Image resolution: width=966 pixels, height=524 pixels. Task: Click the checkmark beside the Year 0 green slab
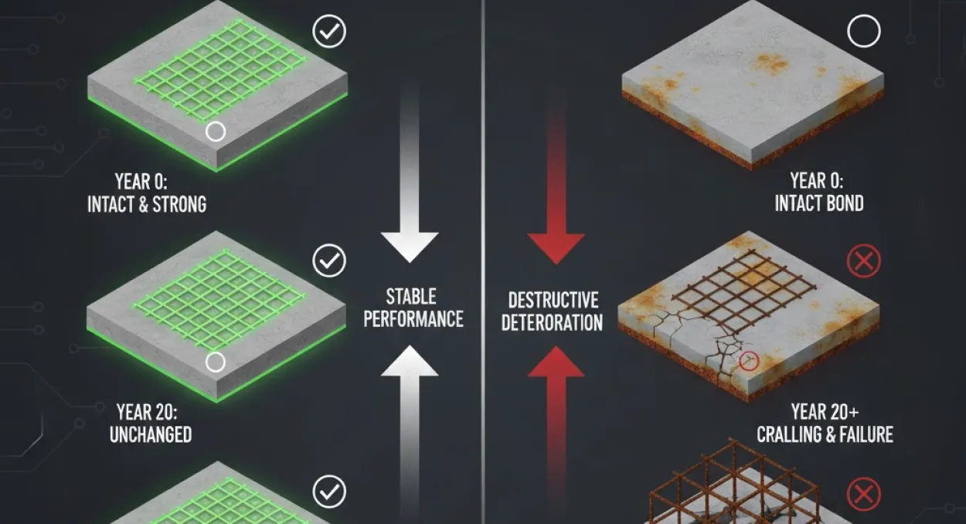pyautogui.click(x=329, y=31)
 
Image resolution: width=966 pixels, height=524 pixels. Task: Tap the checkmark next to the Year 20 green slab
pyautogui.click(x=329, y=260)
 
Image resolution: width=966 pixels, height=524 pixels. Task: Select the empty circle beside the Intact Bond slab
pyautogui.click(x=864, y=31)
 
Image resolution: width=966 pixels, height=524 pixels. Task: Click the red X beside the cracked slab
pyautogui.click(x=864, y=261)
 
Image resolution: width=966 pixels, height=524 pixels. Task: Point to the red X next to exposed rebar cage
pyautogui.click(x=864, y=494)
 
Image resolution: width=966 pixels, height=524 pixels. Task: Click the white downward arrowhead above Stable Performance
pyautogui.click(x=410, y=247)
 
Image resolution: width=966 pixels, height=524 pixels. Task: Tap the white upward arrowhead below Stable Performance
pyautogui.click(x=410, y=361)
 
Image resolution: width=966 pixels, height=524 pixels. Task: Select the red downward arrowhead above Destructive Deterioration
pyautogui.click(x=556, y=249)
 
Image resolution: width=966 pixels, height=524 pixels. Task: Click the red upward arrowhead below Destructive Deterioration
pyautogui.click(x=556, y=362)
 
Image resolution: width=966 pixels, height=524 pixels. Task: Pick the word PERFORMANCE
pyautogui.click(x=413, y=319)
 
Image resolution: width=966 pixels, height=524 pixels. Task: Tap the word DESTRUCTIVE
pyautogui.click(x=553, y=300)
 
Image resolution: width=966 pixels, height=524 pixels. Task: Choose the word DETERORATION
pyautogui.click(x=552, y=322)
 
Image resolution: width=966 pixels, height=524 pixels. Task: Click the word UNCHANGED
pyautogui.click(x=151, y=434)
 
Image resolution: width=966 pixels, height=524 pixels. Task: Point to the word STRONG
pyautogui.click(x=179, y=205)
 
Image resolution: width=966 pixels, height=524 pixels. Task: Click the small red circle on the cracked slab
pyautogui.click(x=749, y=361)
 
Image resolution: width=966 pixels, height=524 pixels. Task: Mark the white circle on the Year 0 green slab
pyautogui.click(x=216, y=131)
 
